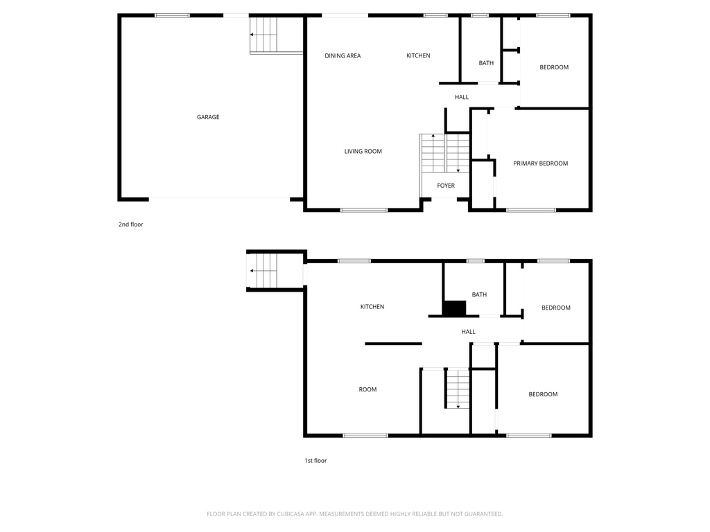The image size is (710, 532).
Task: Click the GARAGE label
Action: (x=208, y=117)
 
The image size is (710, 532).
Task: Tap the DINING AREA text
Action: (x=343, y=56)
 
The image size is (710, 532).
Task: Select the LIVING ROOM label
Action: (x=363, y=152)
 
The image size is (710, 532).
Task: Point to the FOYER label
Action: (x=446, y=186)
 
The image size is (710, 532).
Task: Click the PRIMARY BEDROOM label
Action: (x=540, y=163)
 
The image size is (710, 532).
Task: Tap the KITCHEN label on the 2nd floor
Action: (x=418, y=56)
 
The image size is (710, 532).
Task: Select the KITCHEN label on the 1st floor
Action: (x=372, y=307)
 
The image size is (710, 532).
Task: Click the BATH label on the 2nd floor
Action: (x=486, y=63)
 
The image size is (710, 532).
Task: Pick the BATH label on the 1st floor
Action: (x=479, y=294)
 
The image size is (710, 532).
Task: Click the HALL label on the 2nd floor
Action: (x=462, y=98)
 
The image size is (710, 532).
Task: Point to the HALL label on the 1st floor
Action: (x=468, y=332)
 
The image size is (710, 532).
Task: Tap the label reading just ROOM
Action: (x=367, y=390)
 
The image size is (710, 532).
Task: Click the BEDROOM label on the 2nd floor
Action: (x=554, y=67)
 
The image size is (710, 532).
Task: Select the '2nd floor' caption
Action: (x=130, y=224)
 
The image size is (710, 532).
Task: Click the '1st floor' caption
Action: (x=315, y=461)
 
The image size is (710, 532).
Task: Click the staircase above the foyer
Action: (x=444, y=153)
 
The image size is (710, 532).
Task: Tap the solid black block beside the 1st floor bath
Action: (x=454, y=308)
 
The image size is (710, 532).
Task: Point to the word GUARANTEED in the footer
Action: (x=478, y=514)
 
